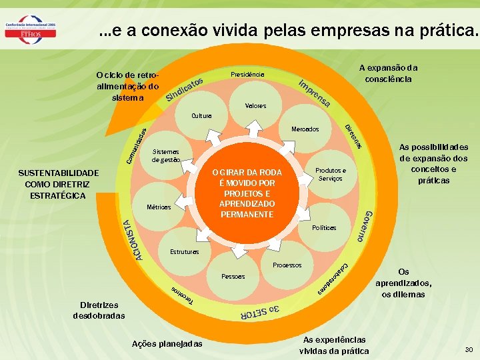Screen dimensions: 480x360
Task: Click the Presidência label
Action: point(247,74)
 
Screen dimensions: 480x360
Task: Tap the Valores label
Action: point(255,106)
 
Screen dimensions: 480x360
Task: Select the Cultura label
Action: point(201,116)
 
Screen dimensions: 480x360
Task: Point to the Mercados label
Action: point(305,129)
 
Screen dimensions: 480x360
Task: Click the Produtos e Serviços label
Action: point(331,175)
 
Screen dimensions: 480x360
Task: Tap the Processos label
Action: point(287,265)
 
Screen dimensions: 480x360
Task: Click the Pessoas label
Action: point(233,277)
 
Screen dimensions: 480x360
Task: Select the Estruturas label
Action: point(185,253)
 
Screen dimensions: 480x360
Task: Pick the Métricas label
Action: point(159,207)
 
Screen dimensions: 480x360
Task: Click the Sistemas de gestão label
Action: point(165,155)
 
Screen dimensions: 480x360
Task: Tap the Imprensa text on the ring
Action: point(314,94)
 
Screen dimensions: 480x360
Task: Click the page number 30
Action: point(469,349)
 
